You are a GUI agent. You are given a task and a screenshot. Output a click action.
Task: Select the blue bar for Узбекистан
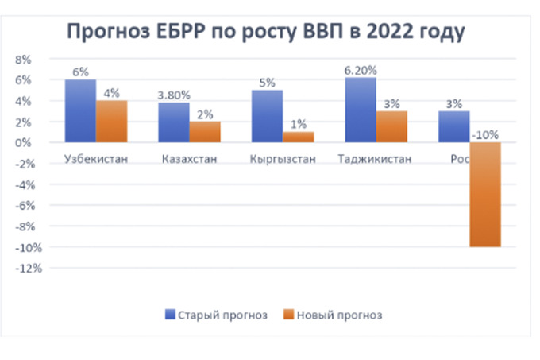point(80,110)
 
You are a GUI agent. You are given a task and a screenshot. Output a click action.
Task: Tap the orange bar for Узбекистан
point(110,121)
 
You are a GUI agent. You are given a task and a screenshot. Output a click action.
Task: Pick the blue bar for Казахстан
point(173,122)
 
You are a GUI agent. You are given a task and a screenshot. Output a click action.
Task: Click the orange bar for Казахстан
point(204,132)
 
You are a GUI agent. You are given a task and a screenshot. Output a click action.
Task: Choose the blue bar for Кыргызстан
point(267,116)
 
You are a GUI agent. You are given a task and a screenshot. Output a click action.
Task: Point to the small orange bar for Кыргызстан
point(298,137)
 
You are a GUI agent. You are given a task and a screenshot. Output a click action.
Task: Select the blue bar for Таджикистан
point(360,110)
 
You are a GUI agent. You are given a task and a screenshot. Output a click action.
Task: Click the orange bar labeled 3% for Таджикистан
point(391,126)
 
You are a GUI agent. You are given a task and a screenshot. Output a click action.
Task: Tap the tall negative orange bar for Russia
point(484,195)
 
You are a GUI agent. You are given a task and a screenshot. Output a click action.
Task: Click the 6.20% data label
point(361,71)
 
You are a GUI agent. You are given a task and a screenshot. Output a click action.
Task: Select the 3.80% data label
point(174,95)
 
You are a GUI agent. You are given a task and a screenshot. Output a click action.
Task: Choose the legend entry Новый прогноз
point(334,315)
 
